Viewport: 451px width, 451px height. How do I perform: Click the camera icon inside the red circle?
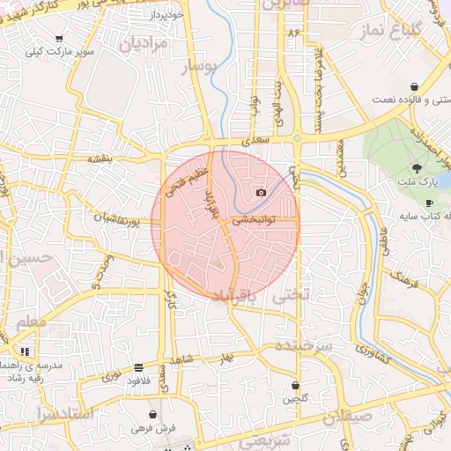tap(261, 193)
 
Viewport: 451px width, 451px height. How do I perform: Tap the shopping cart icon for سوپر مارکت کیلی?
tap(59, 39)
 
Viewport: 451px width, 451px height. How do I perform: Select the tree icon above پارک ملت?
tap(416, 168)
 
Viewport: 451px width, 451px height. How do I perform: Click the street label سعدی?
tap(256, 139)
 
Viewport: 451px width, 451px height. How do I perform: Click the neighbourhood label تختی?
tap(293, 296)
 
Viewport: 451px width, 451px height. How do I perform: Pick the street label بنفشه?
tap(100, 159)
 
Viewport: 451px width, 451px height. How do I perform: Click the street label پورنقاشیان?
tap(119, 218)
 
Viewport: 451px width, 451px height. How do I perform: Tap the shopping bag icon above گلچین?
tap(295, 386)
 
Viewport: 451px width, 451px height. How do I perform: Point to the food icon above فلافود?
tap(139, 367)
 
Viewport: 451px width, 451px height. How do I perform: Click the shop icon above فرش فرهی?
tap(154, 414)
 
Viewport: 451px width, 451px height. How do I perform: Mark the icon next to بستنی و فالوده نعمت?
tap(413, 86)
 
